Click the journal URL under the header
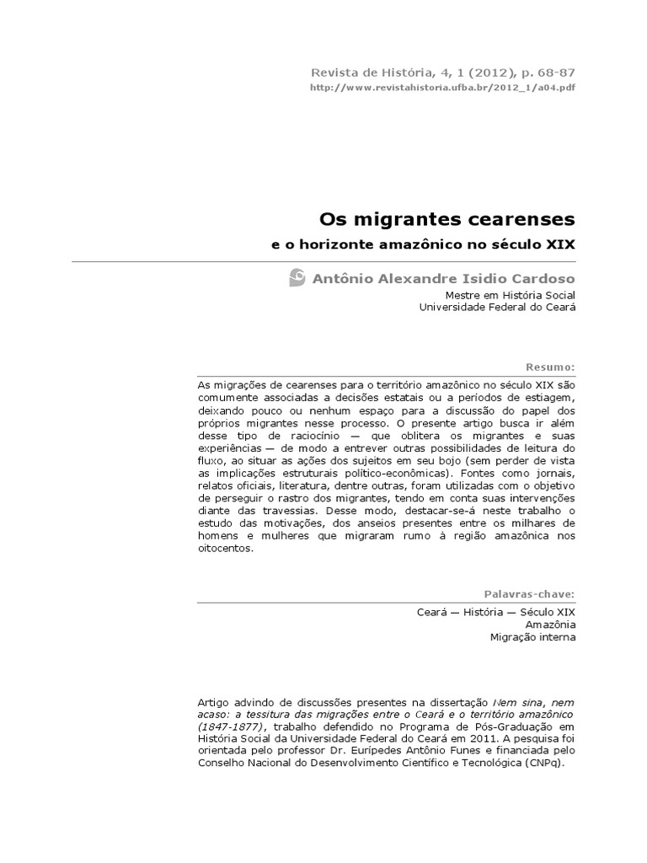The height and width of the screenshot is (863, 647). (443, 87)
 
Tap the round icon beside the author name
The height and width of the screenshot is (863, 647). (297, 277)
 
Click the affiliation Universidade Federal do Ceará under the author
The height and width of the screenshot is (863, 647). (497, 308)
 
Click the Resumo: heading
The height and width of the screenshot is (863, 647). (550, 367)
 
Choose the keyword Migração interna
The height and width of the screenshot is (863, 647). (533, 638)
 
